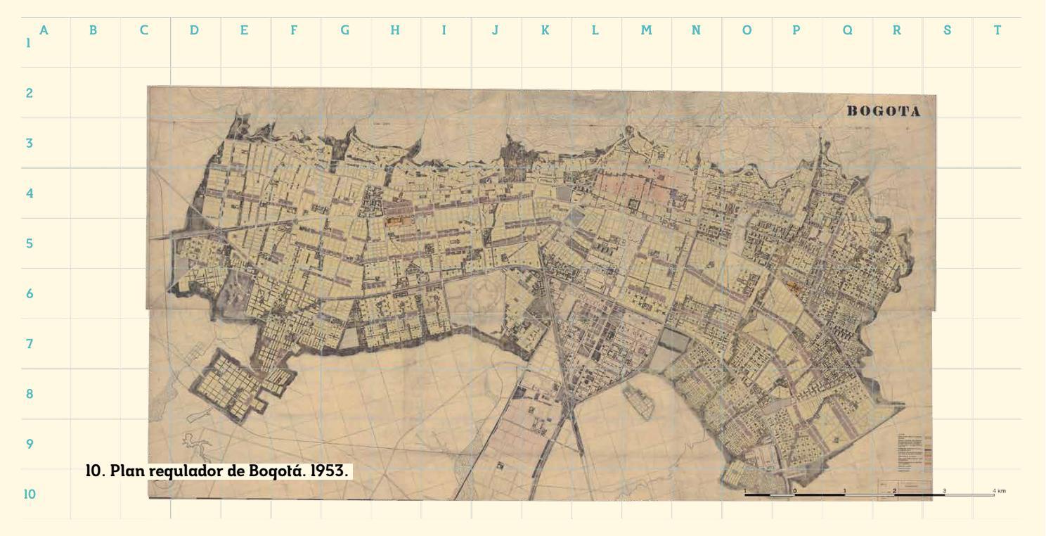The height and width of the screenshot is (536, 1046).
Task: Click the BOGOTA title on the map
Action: coord(883,112)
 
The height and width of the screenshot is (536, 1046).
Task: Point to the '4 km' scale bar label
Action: coord(998,490)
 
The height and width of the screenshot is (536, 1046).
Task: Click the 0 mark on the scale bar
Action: coord(795,491)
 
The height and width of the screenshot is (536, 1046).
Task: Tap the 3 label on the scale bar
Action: coord(944,490)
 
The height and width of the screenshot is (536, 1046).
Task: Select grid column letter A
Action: coord(44,30)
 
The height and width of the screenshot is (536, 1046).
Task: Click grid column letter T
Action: coord(997,30)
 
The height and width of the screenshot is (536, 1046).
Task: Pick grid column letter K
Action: coord(545,30)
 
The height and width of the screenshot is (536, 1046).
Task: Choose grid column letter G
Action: coord(344,30)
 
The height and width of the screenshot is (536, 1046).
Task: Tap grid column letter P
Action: coord(796,30)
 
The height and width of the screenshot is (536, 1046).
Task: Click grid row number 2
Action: coord(30,93)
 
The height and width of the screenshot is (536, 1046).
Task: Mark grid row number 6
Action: coord(30,294)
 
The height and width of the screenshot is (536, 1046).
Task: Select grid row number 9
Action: coord(30,445)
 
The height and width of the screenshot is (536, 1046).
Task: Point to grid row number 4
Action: coord(30,193)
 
